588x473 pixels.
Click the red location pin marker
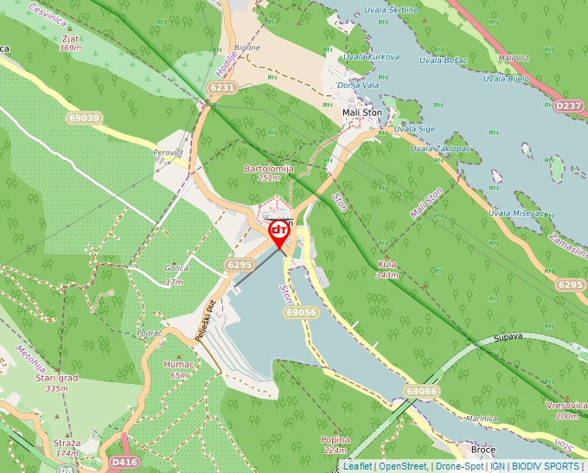pyautogui.click(x=279, y=232)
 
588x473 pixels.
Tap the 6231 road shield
pyautogui.click(x=222, y=87)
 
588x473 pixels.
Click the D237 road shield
pyautogui.click(x=569, y=105)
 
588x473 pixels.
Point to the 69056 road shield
pyautogui.click(x=299, y=311)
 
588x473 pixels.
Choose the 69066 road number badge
pyautogui.click(x=420, y=392)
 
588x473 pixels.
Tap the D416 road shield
pyautogui.click(x=125, y=463)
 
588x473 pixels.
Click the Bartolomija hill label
pyautogui.click(x=270, y=169)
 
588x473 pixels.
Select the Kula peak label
pyautogui.click(x=387, y=265)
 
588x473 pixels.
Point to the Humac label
pyautogui.click(x=179, y=364)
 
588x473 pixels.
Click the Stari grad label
pyautogui.click(x=56, y=378)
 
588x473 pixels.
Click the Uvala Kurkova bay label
pyautogui.click(x=371, y=57)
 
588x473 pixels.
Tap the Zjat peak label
pyautogui.click(x=70, y=38)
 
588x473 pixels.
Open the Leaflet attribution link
pyautogui.click(x=357, y=466)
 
